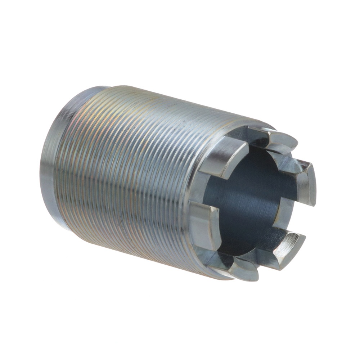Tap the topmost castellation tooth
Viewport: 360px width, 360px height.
coord(277,139)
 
